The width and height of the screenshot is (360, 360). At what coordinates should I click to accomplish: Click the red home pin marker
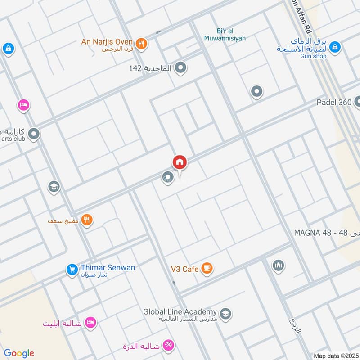[180, 162]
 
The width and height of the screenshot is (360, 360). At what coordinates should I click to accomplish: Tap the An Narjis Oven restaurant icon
[141, 43]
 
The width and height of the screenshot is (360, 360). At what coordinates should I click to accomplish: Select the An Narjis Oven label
[107, 42]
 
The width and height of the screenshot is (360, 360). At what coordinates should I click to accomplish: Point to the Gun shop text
[314, 56]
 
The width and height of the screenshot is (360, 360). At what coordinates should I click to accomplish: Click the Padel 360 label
[333, 102]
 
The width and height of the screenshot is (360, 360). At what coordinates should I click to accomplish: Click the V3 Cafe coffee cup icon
[207, 269]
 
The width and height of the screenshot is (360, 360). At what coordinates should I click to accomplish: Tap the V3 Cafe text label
[184, 269]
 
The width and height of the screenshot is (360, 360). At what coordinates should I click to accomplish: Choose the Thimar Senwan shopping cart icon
[72, 270]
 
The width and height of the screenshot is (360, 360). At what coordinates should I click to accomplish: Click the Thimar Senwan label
[108, 267]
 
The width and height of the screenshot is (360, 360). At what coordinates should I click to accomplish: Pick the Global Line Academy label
[180, 311]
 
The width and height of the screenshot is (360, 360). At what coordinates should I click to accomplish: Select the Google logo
[19, 353]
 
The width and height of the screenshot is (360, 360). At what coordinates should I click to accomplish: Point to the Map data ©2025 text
[335, 356]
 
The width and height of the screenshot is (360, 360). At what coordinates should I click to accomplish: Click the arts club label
[13, 139]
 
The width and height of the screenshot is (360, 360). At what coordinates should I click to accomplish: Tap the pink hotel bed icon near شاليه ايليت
[90, 323]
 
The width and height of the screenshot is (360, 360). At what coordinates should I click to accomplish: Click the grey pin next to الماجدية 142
[181, 68]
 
